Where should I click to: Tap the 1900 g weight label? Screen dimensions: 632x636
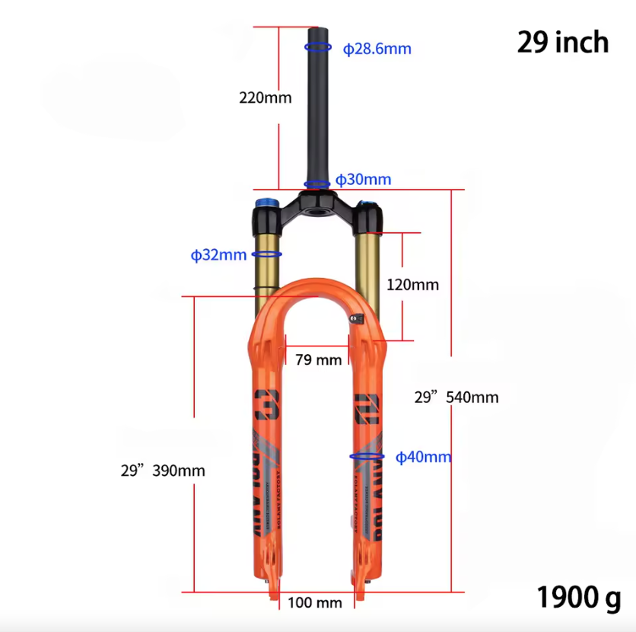click(578, 597)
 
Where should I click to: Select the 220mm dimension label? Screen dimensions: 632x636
click(265, 97)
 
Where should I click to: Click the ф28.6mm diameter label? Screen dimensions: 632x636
click(377, 49)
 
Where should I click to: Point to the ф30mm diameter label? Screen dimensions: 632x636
click(363, 180)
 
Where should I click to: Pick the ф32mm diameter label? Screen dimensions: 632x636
click(218, 255)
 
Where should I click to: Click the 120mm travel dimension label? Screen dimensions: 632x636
click(412, 285)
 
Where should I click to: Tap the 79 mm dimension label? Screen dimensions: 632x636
click(318, 359)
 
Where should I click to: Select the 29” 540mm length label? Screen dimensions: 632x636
click(456, 397)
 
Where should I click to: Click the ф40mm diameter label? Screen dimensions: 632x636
click(423, 457)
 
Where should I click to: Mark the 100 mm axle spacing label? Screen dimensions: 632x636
click(314, 603)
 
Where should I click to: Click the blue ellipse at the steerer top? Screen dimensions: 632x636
click(318, 46)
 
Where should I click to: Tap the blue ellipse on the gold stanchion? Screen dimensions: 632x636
click(267, 254)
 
